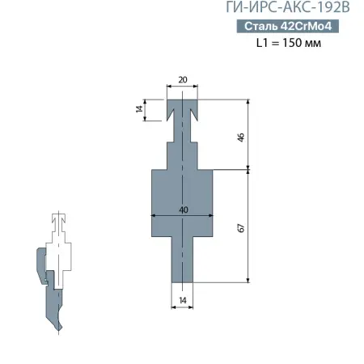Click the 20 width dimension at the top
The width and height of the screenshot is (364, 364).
182,80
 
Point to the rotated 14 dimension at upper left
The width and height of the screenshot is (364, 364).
139,108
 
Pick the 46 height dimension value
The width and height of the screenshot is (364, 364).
240,137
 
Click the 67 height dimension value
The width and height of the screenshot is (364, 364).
240,227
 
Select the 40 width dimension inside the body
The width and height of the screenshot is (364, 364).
183,210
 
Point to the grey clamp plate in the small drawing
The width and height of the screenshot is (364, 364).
41,264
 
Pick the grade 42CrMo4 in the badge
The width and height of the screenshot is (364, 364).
308,28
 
